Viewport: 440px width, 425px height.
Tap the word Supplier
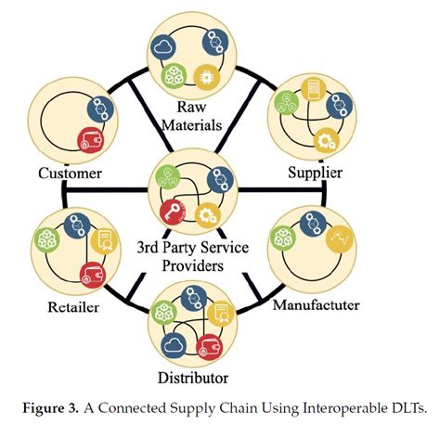(315, 173)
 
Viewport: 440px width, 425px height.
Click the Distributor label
(193, 379)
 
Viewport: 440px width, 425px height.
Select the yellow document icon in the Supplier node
(314, 90)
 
